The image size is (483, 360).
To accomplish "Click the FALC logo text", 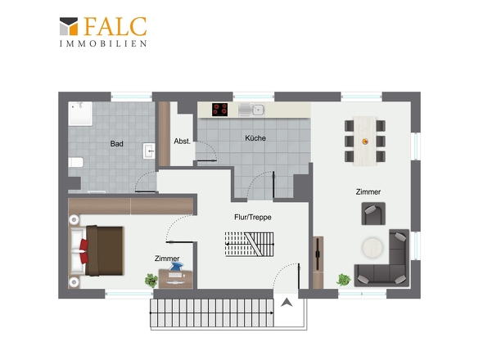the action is pyautogui.click(x=115, y=26).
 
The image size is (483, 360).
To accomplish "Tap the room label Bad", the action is pyautogui.click(x=117, y=143).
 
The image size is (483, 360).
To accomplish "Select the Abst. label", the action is pyautogui.click(x=182, y=142).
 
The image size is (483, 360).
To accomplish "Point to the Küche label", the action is pyautogui.click(x=255, y=138).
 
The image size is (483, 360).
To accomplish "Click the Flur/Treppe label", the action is pyautogui.click(x=253, y=217).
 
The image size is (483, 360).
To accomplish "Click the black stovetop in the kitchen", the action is pyautogui.click(x=219, y=110).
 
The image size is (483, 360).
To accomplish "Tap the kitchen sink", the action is pyautogui.click(x=251, y=110).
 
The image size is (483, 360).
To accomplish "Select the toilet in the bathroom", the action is pyautogui.click(x=76, y=162).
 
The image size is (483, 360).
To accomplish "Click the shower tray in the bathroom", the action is pyautogui.click(x=80, y=114).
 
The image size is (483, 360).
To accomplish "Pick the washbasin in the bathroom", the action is pyautogui.click(x=149, y=151).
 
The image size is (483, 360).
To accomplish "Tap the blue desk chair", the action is pyautogui.click(x=176, y=267).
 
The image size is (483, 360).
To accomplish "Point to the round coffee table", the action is pyautogui.click(x=372, y=247).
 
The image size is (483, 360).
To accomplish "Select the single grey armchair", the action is pyautogui.click(x=373, y=214).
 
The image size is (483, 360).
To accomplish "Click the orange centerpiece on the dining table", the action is pyautogui.click(x=365, y=142).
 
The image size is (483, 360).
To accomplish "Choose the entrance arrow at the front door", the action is pyautogui.click(x=287, y=303).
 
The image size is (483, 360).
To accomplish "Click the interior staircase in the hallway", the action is pyautogui.click(x=249, y=244).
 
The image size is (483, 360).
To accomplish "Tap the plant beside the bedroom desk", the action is pyautogui.click(x=151, y=281).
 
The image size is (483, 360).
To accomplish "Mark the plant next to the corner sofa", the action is pyautogui.click(x=344, y=280).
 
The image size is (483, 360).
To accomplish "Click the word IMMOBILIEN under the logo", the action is pyautogui.click(x=103, y=43).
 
